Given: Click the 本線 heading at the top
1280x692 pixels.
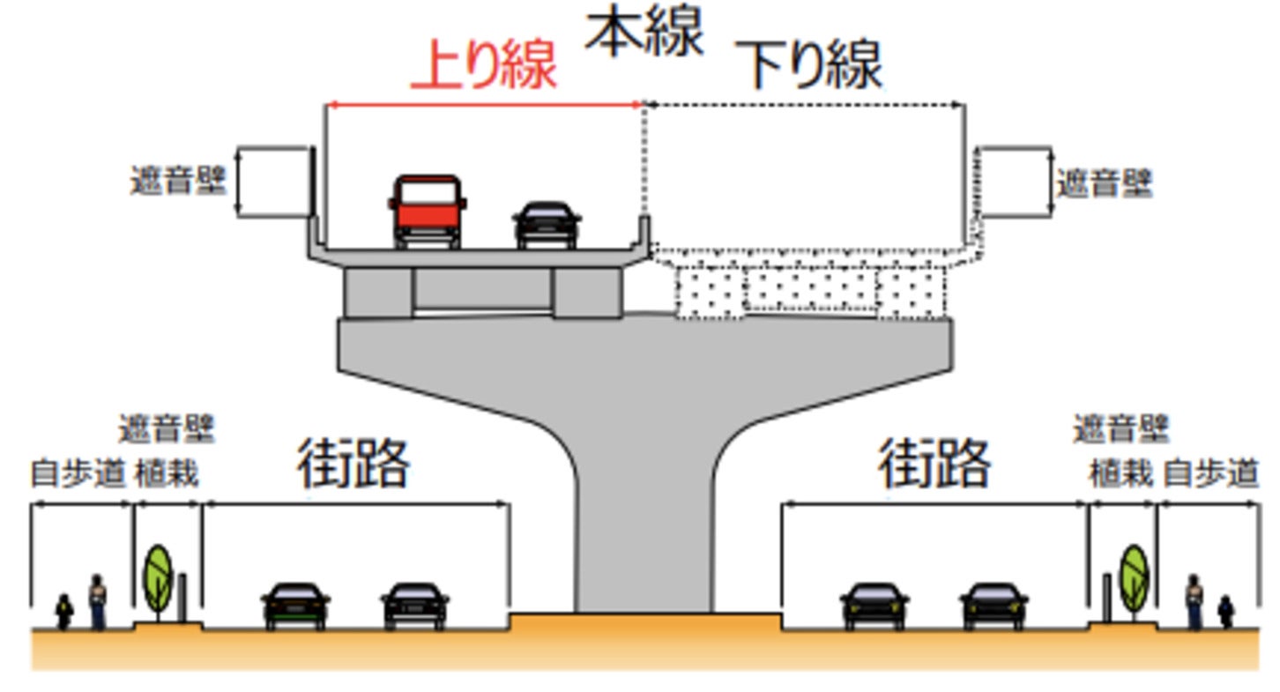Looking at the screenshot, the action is point(645,33).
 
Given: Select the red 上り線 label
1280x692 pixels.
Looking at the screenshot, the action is point(484,66).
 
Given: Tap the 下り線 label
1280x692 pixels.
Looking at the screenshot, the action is point(813,66).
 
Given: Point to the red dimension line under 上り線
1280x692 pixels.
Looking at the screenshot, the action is point(484,105).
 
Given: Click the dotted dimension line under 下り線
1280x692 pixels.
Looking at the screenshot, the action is point(804,105).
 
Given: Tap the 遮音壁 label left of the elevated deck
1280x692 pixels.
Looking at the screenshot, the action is point(178,182).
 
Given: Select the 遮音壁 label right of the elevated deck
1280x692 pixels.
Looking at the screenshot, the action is point(1105,183).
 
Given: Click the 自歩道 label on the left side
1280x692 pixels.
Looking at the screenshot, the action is point(78,474).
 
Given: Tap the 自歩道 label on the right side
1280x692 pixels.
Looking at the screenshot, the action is point(1210,474).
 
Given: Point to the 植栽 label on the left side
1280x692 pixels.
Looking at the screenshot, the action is point(167,474).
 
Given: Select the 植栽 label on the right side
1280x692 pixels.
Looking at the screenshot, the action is point(1120,474).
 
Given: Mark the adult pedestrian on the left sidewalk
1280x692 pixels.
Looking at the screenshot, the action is point(97,601).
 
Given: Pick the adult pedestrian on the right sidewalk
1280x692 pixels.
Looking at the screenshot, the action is point(1194,601).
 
